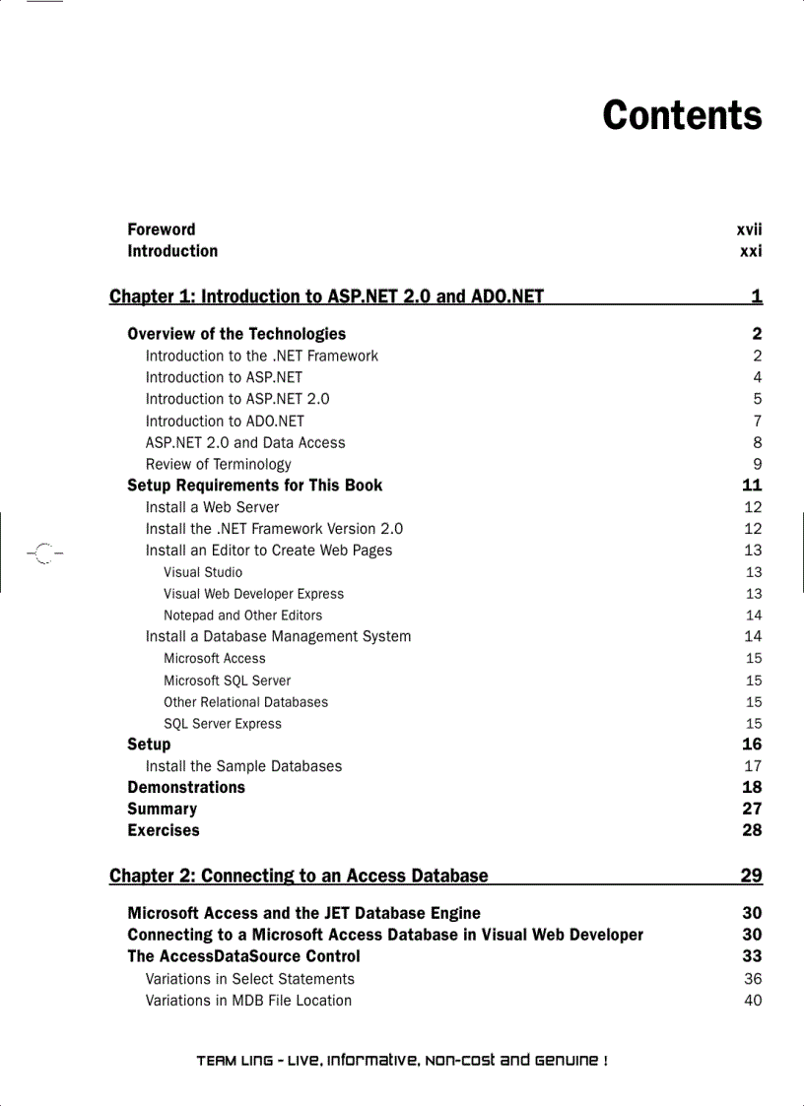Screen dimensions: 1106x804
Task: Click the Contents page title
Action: (x=682, y=115)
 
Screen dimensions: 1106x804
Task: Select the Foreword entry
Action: (x=162, y=229)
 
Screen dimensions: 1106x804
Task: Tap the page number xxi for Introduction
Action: (x=751, y=251)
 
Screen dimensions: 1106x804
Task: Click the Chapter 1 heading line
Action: (x=326, y=296)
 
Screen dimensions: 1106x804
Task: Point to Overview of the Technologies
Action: (x=236, y=334)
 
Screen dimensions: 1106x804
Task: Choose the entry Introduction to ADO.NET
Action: (x=225, y=421)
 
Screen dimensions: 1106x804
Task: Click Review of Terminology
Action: (x=219, y=464)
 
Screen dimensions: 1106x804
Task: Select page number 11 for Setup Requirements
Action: (x=752, y=486)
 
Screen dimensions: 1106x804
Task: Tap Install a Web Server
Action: (x=212, y=507)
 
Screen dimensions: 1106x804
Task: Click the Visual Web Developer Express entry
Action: (x=253, y=594)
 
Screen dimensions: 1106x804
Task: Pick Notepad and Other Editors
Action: (x=242, y=616)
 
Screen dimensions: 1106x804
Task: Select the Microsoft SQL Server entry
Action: (x=227, y=681)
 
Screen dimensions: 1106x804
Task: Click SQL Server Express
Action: (x=223, y=724)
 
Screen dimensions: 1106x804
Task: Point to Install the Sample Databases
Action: (x=243, y=766)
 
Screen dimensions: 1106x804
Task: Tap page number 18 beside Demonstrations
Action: (x=752, y=788)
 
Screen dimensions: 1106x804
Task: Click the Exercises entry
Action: (x=164, y=830)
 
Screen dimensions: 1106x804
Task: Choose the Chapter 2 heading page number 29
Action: (x=751, y=876)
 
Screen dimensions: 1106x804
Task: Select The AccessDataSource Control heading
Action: (x=243, y=956)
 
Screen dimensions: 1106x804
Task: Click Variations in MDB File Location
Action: (x=248, y=1001)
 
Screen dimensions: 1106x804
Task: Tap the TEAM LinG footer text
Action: (x=402, y=1061)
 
